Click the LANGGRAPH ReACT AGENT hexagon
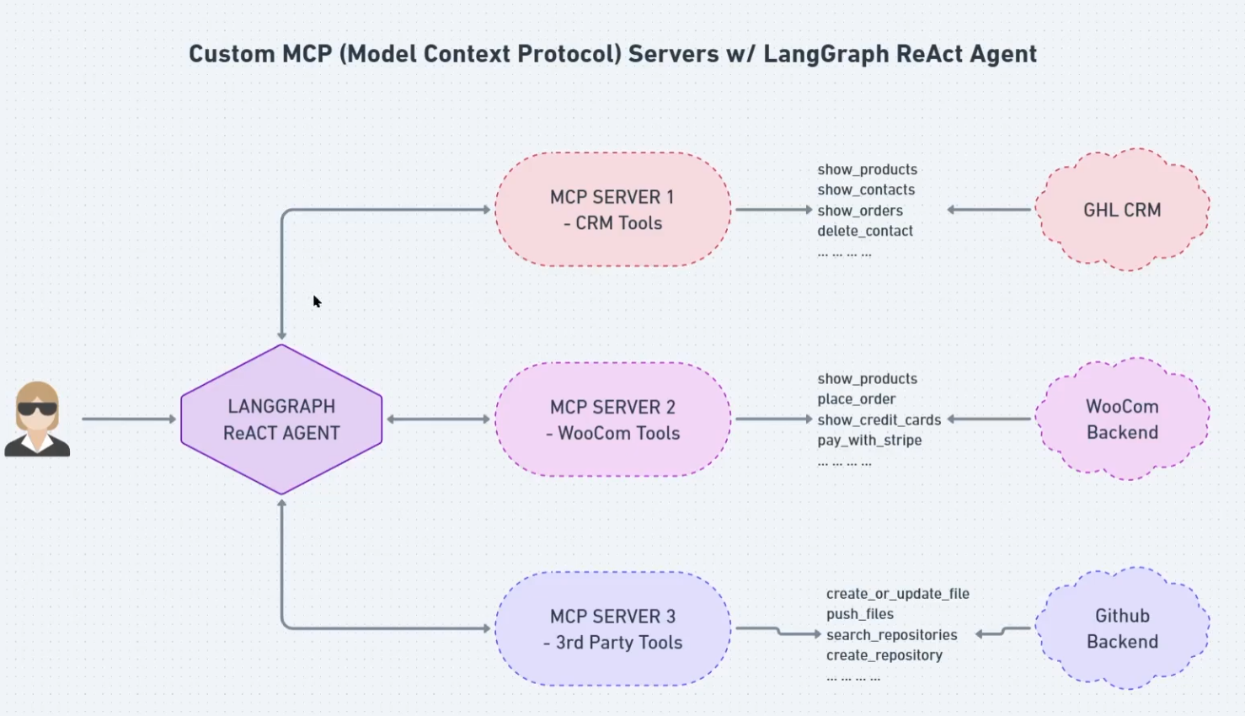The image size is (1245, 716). (x=281, y=419)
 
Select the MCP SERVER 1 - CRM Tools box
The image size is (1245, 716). (x=612, y=210)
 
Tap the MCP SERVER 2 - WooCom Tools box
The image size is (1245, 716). (x=612, y=419)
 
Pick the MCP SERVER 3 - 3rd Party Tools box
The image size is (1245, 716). (x=612, y=628)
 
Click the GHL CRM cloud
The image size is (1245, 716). (x=1122, y=210)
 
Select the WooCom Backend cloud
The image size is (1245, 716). (x=1122, y=419)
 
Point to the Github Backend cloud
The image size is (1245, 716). (x=1122, y=628)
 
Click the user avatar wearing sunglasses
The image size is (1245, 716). (x=37, y=419)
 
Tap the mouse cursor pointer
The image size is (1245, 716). (x=317, y=302)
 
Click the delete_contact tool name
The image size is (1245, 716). (x=864, y=231)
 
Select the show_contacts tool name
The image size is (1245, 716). (x=865, y=190)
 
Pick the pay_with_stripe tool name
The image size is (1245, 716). (x=868, y=440)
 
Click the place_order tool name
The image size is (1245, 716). (x=856, y=398)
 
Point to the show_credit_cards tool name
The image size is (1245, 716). (x=879, y=419)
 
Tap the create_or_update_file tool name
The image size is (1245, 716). (x=897, y=593)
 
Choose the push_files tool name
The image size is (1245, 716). (x=859, y=614)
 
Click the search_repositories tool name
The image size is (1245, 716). (x=891, y=634)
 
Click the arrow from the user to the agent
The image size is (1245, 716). (x=128, y=419)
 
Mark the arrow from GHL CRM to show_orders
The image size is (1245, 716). (x=989, y=210)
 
